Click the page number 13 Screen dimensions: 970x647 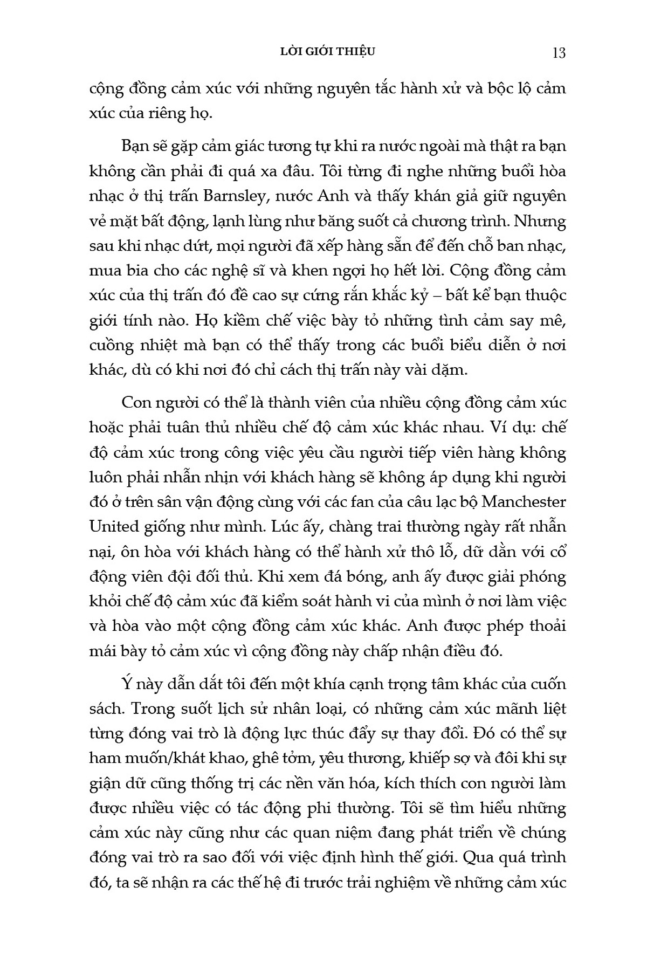click(x=559, y=53)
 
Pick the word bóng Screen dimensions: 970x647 click(x=349, y=577)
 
